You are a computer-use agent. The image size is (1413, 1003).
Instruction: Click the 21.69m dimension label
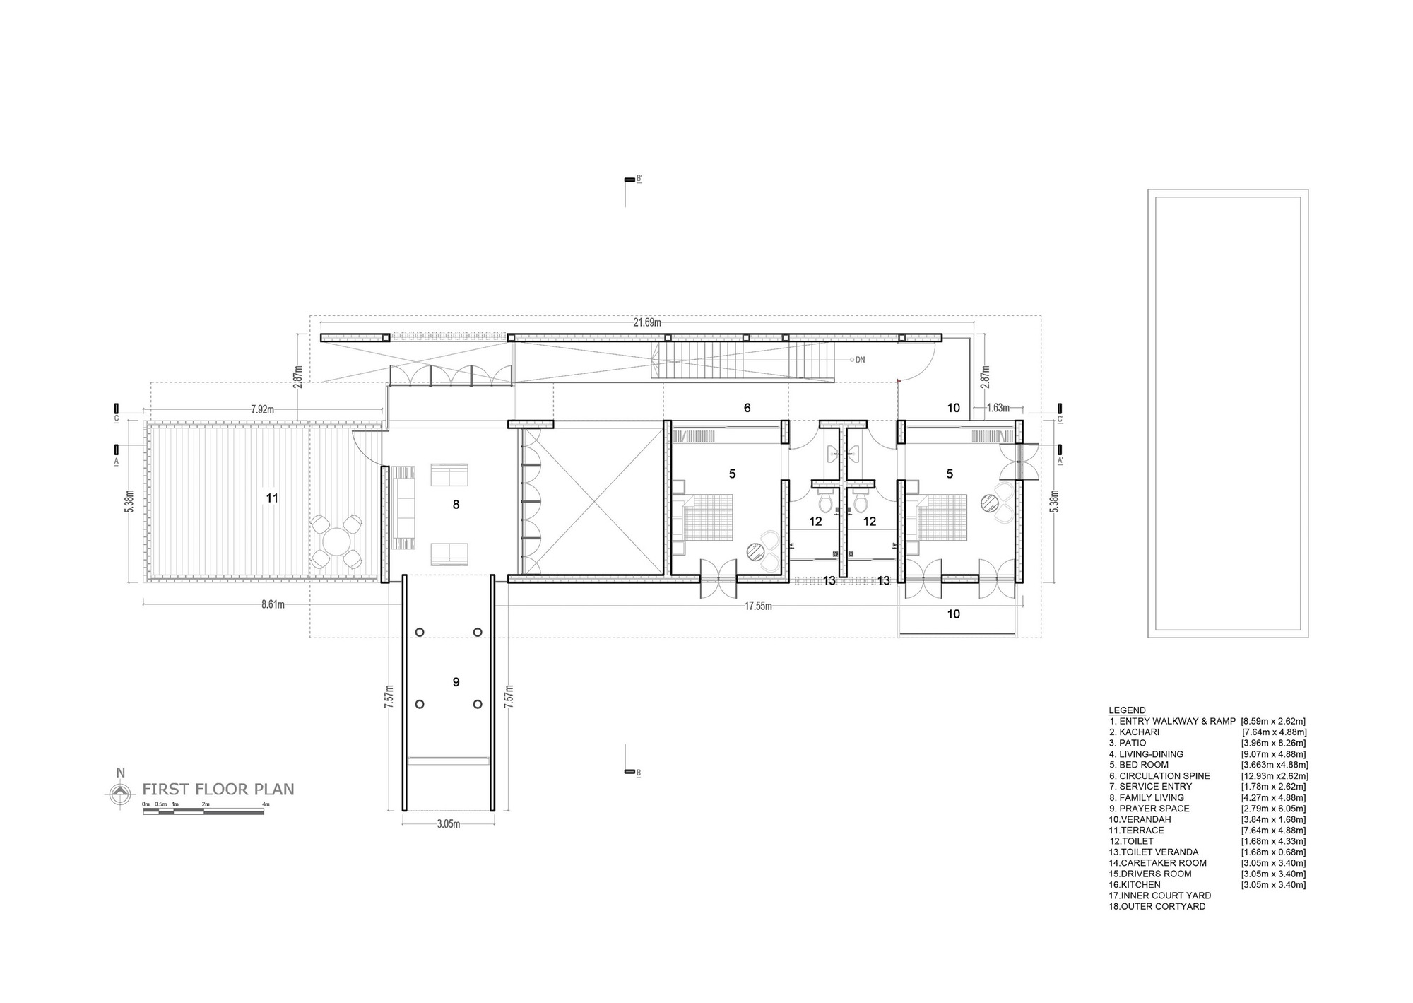(646, 322)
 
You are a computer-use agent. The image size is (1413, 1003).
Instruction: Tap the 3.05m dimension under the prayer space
(448, 824)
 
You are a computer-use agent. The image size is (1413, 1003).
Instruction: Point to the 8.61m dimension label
(273, 604)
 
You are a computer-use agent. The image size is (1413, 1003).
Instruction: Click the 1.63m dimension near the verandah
(997, 408)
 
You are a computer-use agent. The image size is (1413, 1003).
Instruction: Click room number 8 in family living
(456, 505)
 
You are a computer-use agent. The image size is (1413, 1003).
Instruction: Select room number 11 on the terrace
(272, 498)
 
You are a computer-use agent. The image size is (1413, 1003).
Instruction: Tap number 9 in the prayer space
(456, 682)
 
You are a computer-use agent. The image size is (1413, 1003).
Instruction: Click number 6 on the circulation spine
(747, 408)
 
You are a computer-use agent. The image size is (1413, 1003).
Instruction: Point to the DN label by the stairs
(860, 360)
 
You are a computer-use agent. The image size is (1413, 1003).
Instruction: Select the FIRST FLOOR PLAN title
(218, 790)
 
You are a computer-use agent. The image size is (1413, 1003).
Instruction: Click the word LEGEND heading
(1127, 710)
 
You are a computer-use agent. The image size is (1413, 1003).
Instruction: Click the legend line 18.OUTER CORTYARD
(1157, 906)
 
